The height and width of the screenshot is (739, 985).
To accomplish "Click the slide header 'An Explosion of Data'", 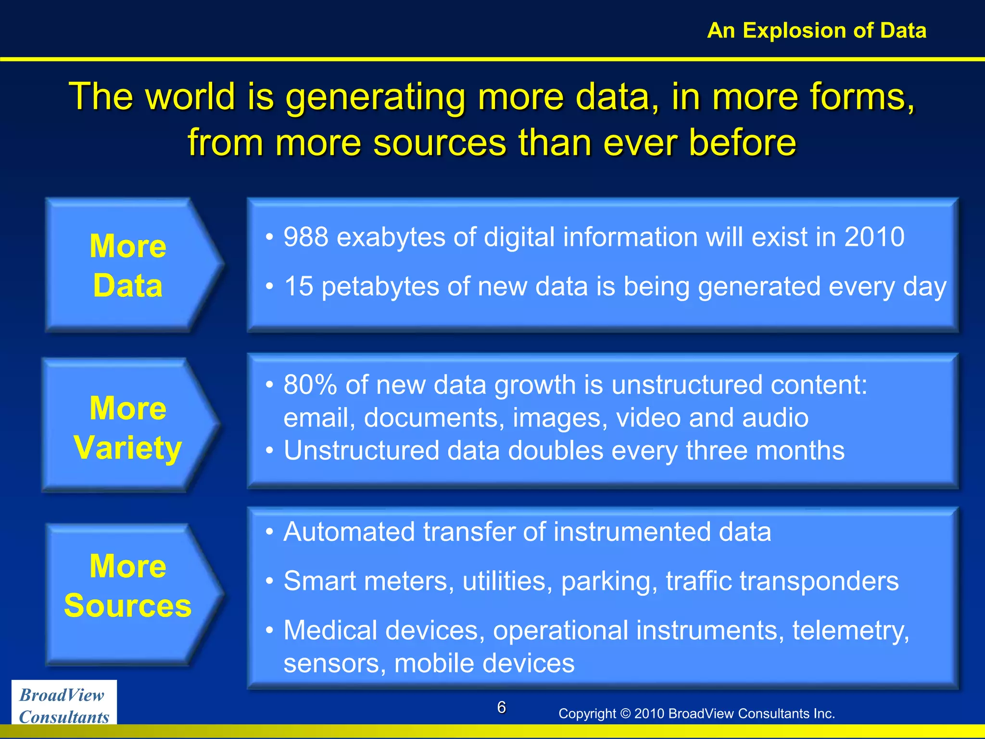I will (x=816, y=30).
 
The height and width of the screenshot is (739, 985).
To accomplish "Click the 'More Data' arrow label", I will (x=128, y=266).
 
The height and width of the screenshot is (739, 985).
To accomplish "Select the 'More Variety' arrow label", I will (x=128, y=427).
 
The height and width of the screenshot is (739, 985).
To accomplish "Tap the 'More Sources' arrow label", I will (x=128, y=585).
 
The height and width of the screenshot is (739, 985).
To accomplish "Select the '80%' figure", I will (x=310, y=385).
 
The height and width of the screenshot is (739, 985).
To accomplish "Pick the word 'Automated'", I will (x=349, y=532).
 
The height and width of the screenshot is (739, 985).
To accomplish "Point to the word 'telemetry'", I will (x=849, y=631).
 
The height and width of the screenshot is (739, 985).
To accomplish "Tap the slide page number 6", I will (x=501, y=707).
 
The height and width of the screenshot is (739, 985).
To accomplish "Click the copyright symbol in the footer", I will (x=625, y=714).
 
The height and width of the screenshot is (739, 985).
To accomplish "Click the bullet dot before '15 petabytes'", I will (x=270, y=287).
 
